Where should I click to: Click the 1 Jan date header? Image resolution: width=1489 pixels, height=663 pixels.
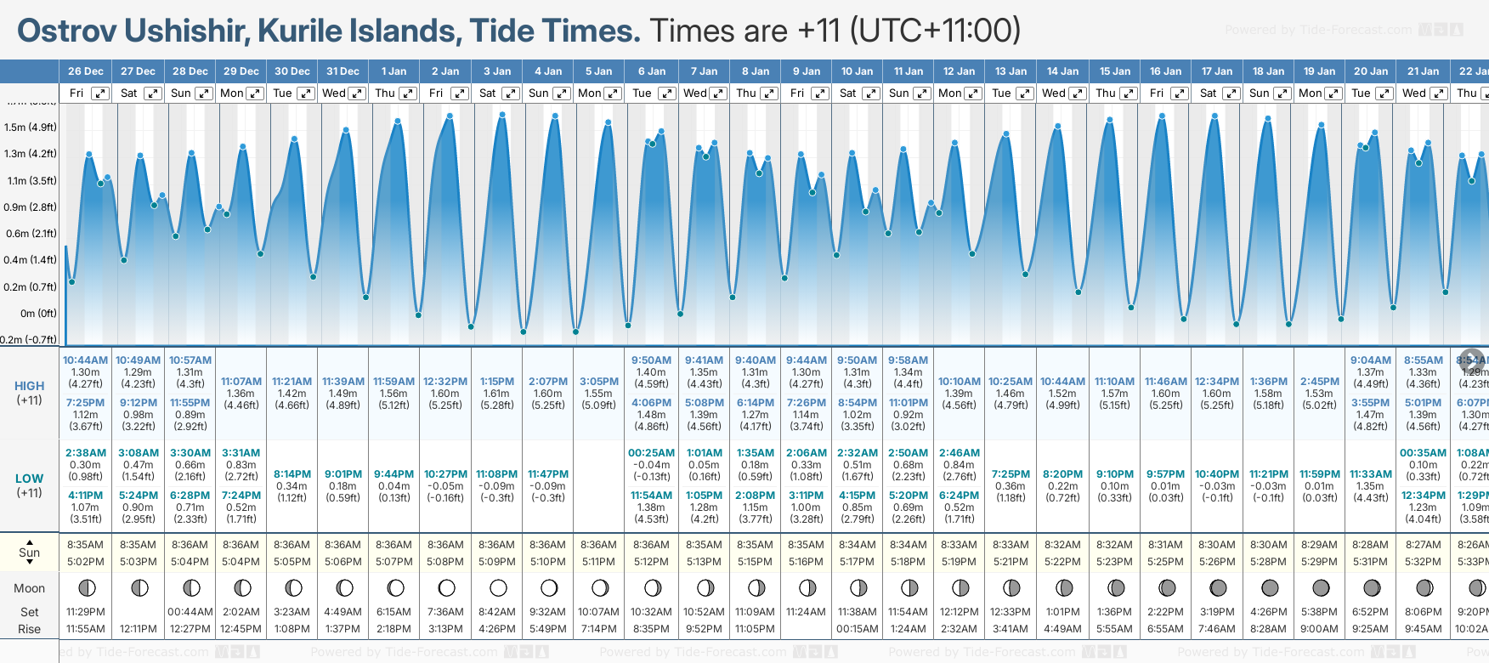pyautogui.click(x=393, y=71)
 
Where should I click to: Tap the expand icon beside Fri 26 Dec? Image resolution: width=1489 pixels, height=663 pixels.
pyautogui.click(x=100, y=93)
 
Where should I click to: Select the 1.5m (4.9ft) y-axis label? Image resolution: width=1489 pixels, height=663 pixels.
pyautogui.click(x=30, y=127)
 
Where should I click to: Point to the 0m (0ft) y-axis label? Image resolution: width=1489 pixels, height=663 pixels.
pyautogui.click(x=38, y=313)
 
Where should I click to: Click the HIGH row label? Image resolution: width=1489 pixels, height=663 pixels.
pyautogui.click(x=29, y=386)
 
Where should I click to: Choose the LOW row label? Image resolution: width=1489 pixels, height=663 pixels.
pyautogui.click(x=29, y=479)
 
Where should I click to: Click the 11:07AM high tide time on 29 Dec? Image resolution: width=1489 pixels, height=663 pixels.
pyautogui.click(x=241, y=382)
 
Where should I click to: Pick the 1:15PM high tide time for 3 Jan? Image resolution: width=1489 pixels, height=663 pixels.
pyautogui.click(x=497, y=382)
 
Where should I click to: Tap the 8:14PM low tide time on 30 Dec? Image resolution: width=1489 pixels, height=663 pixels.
pyautogui.click(x=292, y=474)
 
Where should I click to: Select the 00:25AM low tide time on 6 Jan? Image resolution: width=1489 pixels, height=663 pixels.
pyautogui.click(x=651, y=453)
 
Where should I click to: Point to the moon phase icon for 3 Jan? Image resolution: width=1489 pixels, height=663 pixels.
pyautogui.click(x=498, y=587)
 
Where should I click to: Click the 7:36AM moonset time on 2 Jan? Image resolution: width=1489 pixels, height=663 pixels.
pyautogui.click(x=445, y=612)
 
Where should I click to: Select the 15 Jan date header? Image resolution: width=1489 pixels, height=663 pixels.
pyautogui.click(x=1115, y=71)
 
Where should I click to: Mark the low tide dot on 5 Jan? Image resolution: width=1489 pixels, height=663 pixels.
pyautogui.click(x=576, y=331)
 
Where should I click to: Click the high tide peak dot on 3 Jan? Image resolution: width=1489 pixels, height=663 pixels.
pyautogui.click(x=502, y=114)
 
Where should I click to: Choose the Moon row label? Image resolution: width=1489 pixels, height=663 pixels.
pyautogui.click(x=29, y=588)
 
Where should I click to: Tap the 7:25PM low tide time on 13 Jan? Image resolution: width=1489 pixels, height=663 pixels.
pyautogui.click(x=1011, y=474)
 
